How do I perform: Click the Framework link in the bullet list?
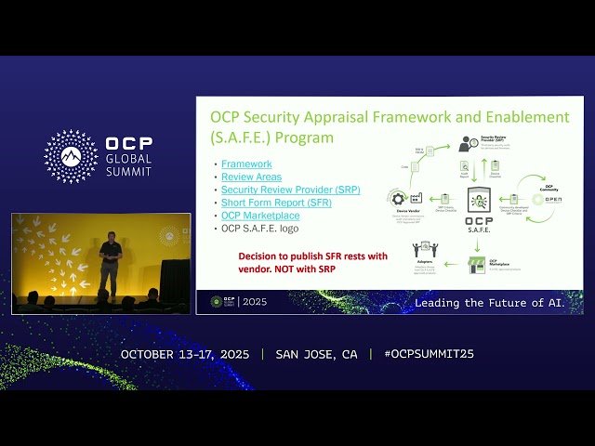click(x=246, y=164)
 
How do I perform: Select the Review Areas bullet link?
click(x=251, y=177)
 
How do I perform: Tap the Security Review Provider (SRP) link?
click(x=290, y=190)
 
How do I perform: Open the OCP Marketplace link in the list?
click(x=260, y=216)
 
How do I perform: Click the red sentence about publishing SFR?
click(x=298, y=262)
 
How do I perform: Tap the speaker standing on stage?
click(x=110, y=262)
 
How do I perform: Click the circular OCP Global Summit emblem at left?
click(x=71, y=156)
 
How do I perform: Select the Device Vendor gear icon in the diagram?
click(x=399, y=199)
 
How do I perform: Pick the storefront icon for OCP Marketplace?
click(x=476, y=265)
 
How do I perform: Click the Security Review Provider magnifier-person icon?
click(x=468, y=144)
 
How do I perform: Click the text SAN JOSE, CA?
click(x=316, y=354)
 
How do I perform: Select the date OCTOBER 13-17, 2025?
click(x=186, y=354)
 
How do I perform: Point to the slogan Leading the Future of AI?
click(x=489, y=303)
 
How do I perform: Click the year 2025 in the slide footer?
click(x=254, y=302)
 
